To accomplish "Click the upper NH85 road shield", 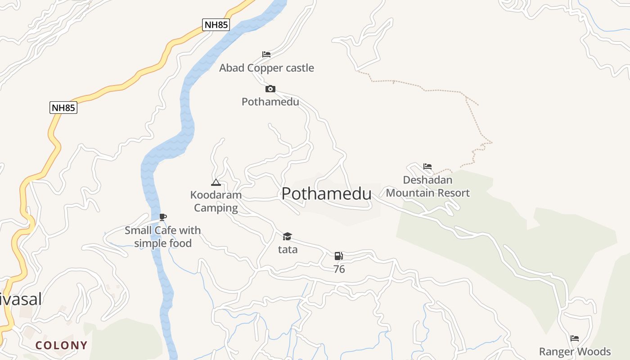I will (x=216, y=25).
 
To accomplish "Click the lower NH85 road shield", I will (x=63, y=108).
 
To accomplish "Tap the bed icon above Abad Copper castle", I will (x=266, y=54).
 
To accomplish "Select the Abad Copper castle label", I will (x=266, y=68).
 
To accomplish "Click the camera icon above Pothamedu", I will (x=270, y=89).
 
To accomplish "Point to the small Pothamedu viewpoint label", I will (x=270, y=102).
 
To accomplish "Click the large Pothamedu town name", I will (x=326, y=194).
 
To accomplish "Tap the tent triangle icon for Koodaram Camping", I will (x=216, y=182).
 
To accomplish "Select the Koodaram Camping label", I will (x=216, y=201).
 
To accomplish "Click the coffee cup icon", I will (x=163, y=217).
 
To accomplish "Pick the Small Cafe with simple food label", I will (x=163, y=237).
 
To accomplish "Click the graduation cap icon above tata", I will (x=287, y=236).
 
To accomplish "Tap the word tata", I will (x=288, y=249).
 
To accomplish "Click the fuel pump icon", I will (x=338, y=256).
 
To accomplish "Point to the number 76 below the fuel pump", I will (x=339, y=269).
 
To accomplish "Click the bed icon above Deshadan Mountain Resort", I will (x=427, y=166).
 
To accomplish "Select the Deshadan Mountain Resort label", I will (x=427, y=187).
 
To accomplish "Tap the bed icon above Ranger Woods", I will (x=575, y=338).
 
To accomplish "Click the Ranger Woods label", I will (x=575, y=351).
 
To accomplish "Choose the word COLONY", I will (x=61, y=346).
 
